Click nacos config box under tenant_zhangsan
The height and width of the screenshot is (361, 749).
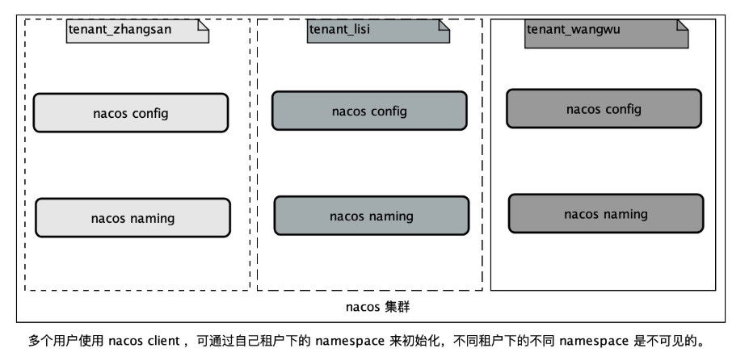pos(130,113)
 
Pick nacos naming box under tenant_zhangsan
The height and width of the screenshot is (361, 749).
pos(133,218)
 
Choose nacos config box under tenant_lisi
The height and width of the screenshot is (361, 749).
pos(369,111)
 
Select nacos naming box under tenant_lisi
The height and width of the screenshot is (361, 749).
pos(371,216)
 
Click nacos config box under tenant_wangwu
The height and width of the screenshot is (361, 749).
pos(604,109)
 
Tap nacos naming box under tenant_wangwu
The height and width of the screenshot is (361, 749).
pos(605,214)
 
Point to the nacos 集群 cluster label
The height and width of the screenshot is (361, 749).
pos(379,307)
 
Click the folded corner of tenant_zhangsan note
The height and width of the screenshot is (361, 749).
pos(203,26)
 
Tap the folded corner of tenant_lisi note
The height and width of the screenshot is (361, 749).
pos(444,26)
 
